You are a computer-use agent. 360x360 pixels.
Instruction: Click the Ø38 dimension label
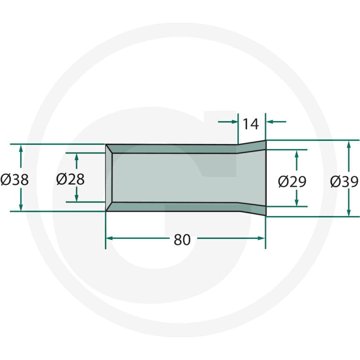[14, 180]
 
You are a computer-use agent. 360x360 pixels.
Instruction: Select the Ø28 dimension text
[70, 179]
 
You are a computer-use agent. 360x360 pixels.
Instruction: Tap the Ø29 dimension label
[292, 182]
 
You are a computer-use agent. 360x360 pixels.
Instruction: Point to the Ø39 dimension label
[344, 182]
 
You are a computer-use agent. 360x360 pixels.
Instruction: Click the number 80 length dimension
[182, 240]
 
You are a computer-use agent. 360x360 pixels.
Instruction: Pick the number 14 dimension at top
[251, 124]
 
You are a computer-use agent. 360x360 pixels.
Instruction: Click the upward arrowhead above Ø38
[21, 148]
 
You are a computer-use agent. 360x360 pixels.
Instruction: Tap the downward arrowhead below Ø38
[21, 207]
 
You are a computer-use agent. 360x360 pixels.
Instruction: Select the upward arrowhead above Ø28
[76, 157]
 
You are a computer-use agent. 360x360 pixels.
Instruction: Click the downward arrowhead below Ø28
[76, 198]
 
